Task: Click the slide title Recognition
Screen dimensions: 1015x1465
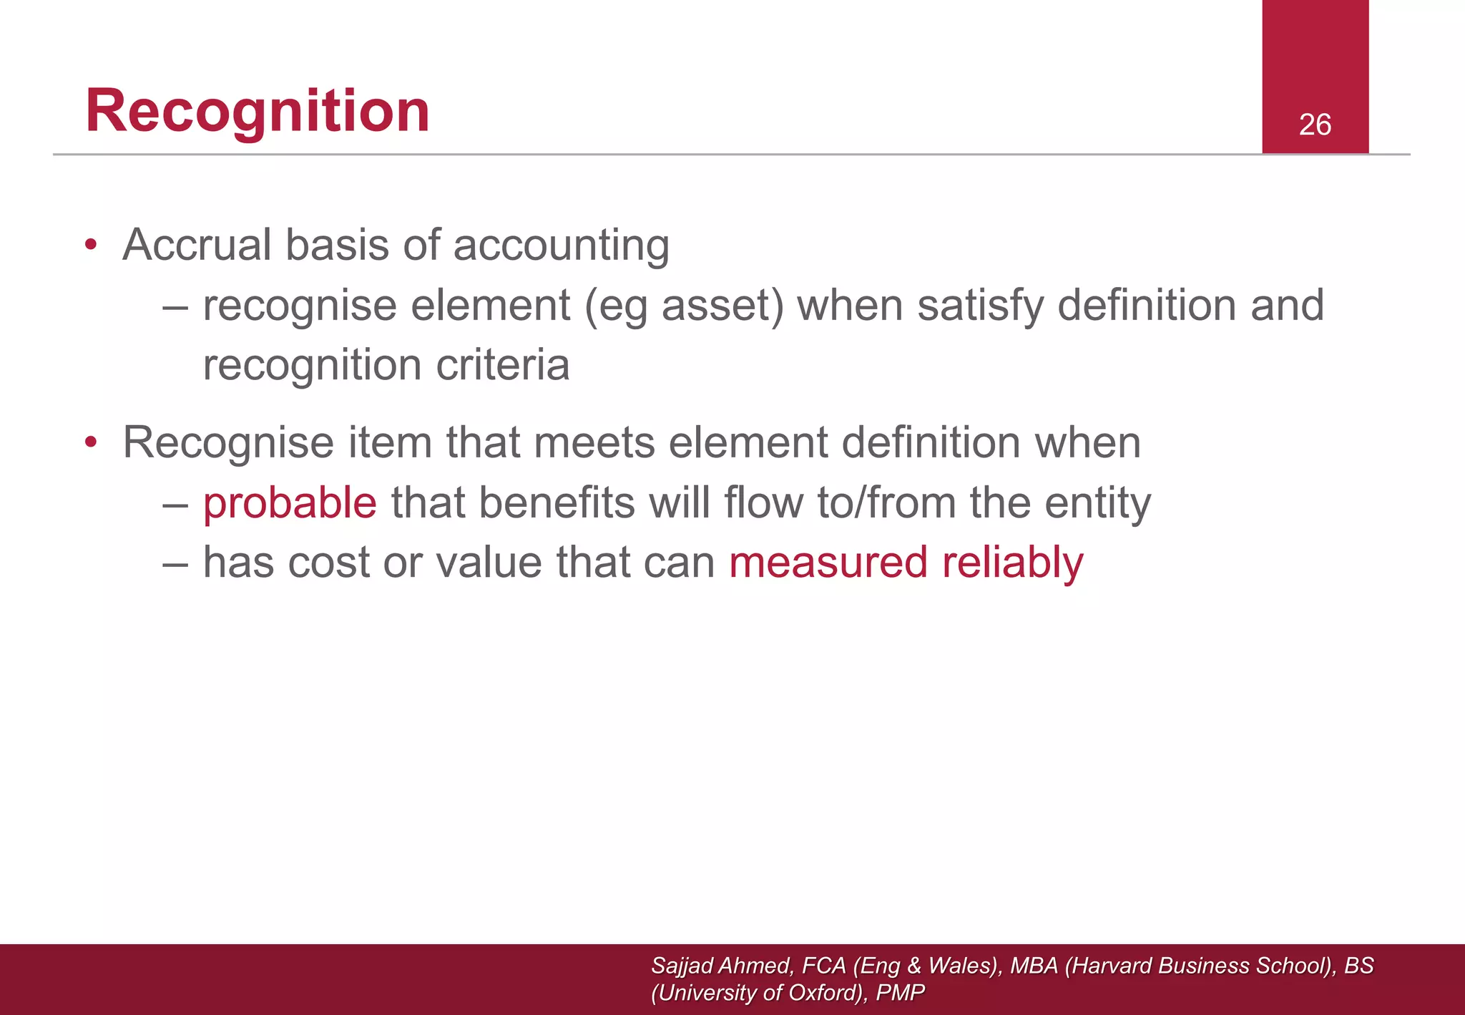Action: pyautogui.click(x=258, y=111)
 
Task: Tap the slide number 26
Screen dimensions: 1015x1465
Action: pyautogui.click(x=1315, y=125)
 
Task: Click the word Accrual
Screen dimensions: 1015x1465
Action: pyautogui.click(x=197, y=245)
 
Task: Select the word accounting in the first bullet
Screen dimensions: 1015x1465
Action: pyautogui.click(x=561, y=246)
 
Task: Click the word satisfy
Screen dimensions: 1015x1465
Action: pyautogui.click(x=980, y=306)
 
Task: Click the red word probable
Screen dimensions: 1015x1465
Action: pyautogui.click(x=290, y=502)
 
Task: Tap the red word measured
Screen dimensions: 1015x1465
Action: pyautogui.click(x=828, y=562)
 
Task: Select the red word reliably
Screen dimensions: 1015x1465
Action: pyautogui.click(x=1012, y=563)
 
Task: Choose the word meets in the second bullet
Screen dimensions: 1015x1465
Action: pyautogui.click(x=594, y=442)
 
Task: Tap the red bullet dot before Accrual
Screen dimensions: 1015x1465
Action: pyautogui.click(x=90, y=245)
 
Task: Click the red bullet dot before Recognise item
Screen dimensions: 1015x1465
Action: pyautogui.click(x=90, y=442)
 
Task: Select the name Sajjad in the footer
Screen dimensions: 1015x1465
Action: pyautogui.click(x=682, y=966)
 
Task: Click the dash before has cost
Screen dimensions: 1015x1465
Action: pyautogui.click(x=175, y=563)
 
